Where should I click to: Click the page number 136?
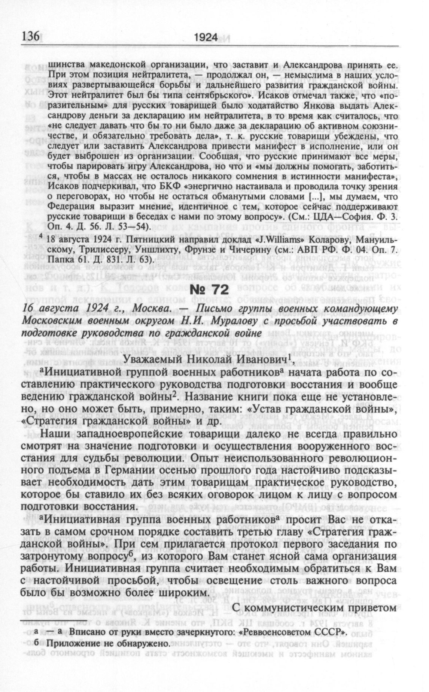(31, 36)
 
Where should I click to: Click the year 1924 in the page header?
(206, 37)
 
